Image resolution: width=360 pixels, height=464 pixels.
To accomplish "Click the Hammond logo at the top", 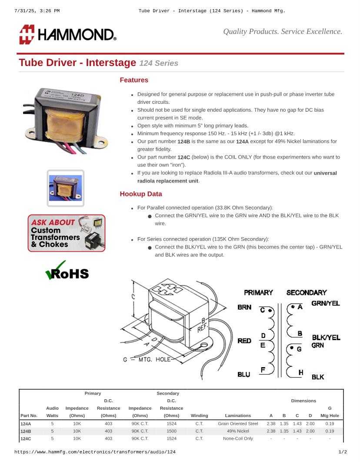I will click(x=67, y=34).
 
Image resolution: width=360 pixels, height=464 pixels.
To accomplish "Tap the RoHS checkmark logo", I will click(x=67, y=272).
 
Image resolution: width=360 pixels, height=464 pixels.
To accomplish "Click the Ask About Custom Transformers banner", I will click(x=67, y=233).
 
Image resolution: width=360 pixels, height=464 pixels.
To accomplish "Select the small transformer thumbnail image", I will click(x=66, y=188).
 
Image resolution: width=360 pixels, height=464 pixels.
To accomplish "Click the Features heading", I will click(x=134, y=80).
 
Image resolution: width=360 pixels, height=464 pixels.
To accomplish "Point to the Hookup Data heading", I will click(x=141, y=194).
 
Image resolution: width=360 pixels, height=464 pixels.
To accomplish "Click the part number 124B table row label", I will click(x=26, y=431).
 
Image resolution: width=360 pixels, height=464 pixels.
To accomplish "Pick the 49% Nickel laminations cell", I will click(x=238, y=431).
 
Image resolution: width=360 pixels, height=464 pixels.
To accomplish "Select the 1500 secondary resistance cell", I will click(x=171, y=431).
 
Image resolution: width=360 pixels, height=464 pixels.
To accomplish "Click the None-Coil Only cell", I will click(x=238, y=438).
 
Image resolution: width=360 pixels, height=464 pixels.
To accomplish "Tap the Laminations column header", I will click(x=238, y=415).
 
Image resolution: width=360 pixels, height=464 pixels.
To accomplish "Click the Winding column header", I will click(x=199, y=415).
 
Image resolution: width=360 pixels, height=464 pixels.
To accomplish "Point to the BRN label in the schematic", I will click(x=244, y=307).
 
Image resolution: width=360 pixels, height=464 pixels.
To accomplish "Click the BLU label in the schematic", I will click(x=244, y=374).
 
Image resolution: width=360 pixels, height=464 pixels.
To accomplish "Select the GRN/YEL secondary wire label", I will click(x=326, y=303).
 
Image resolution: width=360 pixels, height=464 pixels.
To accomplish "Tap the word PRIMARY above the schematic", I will click(x=258, y=292).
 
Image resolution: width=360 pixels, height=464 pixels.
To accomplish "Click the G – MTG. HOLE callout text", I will click(x=147, y=359).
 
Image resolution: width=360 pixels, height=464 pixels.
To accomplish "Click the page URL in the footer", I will click(x=95, y=452).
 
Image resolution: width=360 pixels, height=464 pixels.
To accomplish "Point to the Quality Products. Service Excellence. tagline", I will click(x=283, y=31).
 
